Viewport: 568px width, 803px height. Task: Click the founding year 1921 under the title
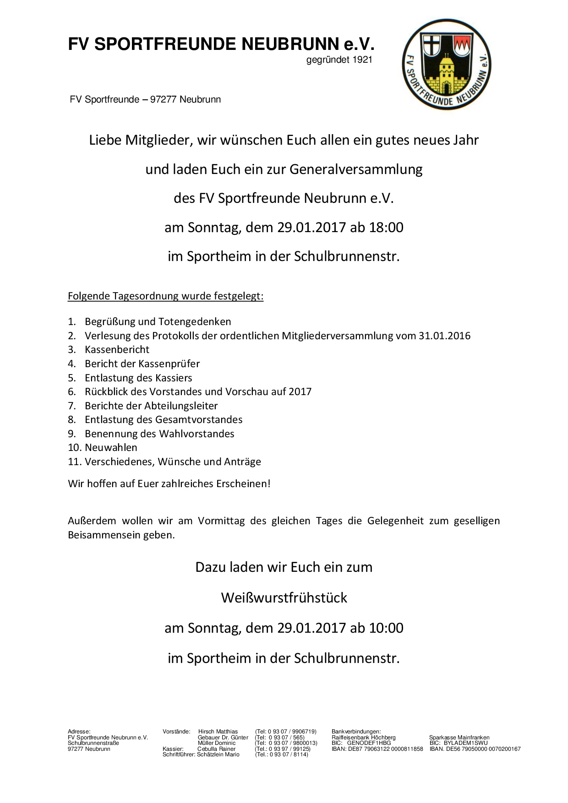click(x=361, y=60)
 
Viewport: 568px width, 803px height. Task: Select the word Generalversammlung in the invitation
click(x=356, y=169)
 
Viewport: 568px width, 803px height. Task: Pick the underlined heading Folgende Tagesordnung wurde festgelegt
click(x=165, y=296)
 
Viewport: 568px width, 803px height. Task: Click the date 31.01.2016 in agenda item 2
click(x=444, y=336)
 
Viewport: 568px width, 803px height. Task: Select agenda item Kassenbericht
click(x=117, y=350)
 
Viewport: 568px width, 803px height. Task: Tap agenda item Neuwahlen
click(x=111, y=448)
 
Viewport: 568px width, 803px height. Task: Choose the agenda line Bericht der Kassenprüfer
click(x=142, y=364)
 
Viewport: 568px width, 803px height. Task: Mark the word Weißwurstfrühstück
click(x=284, y=598)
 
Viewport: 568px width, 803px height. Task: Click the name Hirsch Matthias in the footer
click(x=218, y=732)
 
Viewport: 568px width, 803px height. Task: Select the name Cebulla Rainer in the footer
click(x=216, y=749)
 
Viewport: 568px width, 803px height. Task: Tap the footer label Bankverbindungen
click(x=356, y=732)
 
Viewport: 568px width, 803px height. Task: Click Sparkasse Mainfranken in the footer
click(x=459, y=738)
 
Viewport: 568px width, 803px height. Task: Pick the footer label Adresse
click(x=79, y=732)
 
